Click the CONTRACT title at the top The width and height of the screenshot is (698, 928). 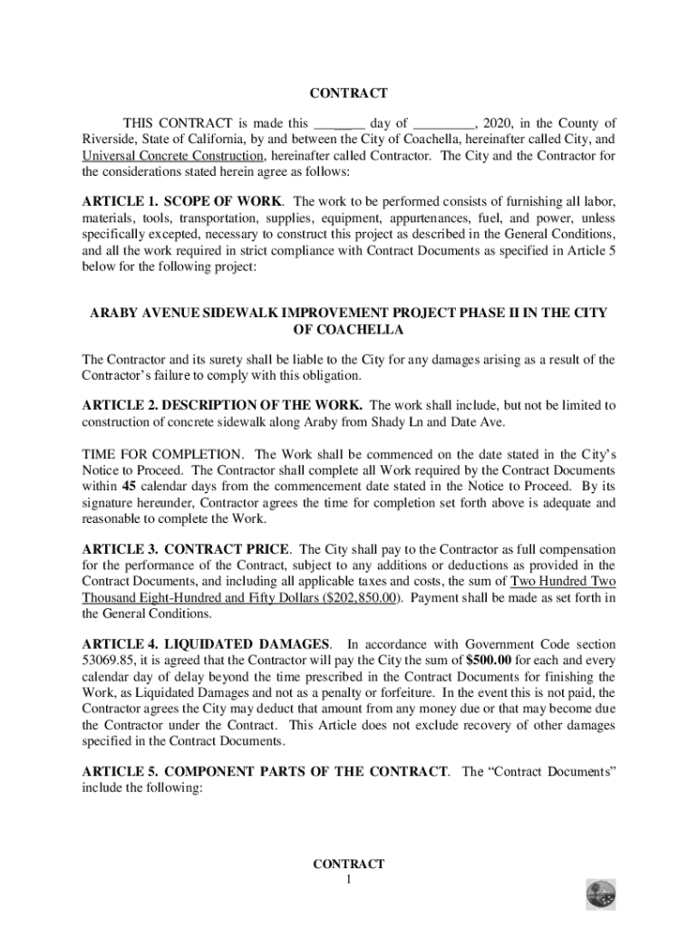pos(348,93)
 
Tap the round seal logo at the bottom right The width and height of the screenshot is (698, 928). pos(600,894)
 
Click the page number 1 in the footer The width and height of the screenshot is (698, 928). pos(348,881)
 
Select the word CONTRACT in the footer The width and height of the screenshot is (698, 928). pos(348,865)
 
